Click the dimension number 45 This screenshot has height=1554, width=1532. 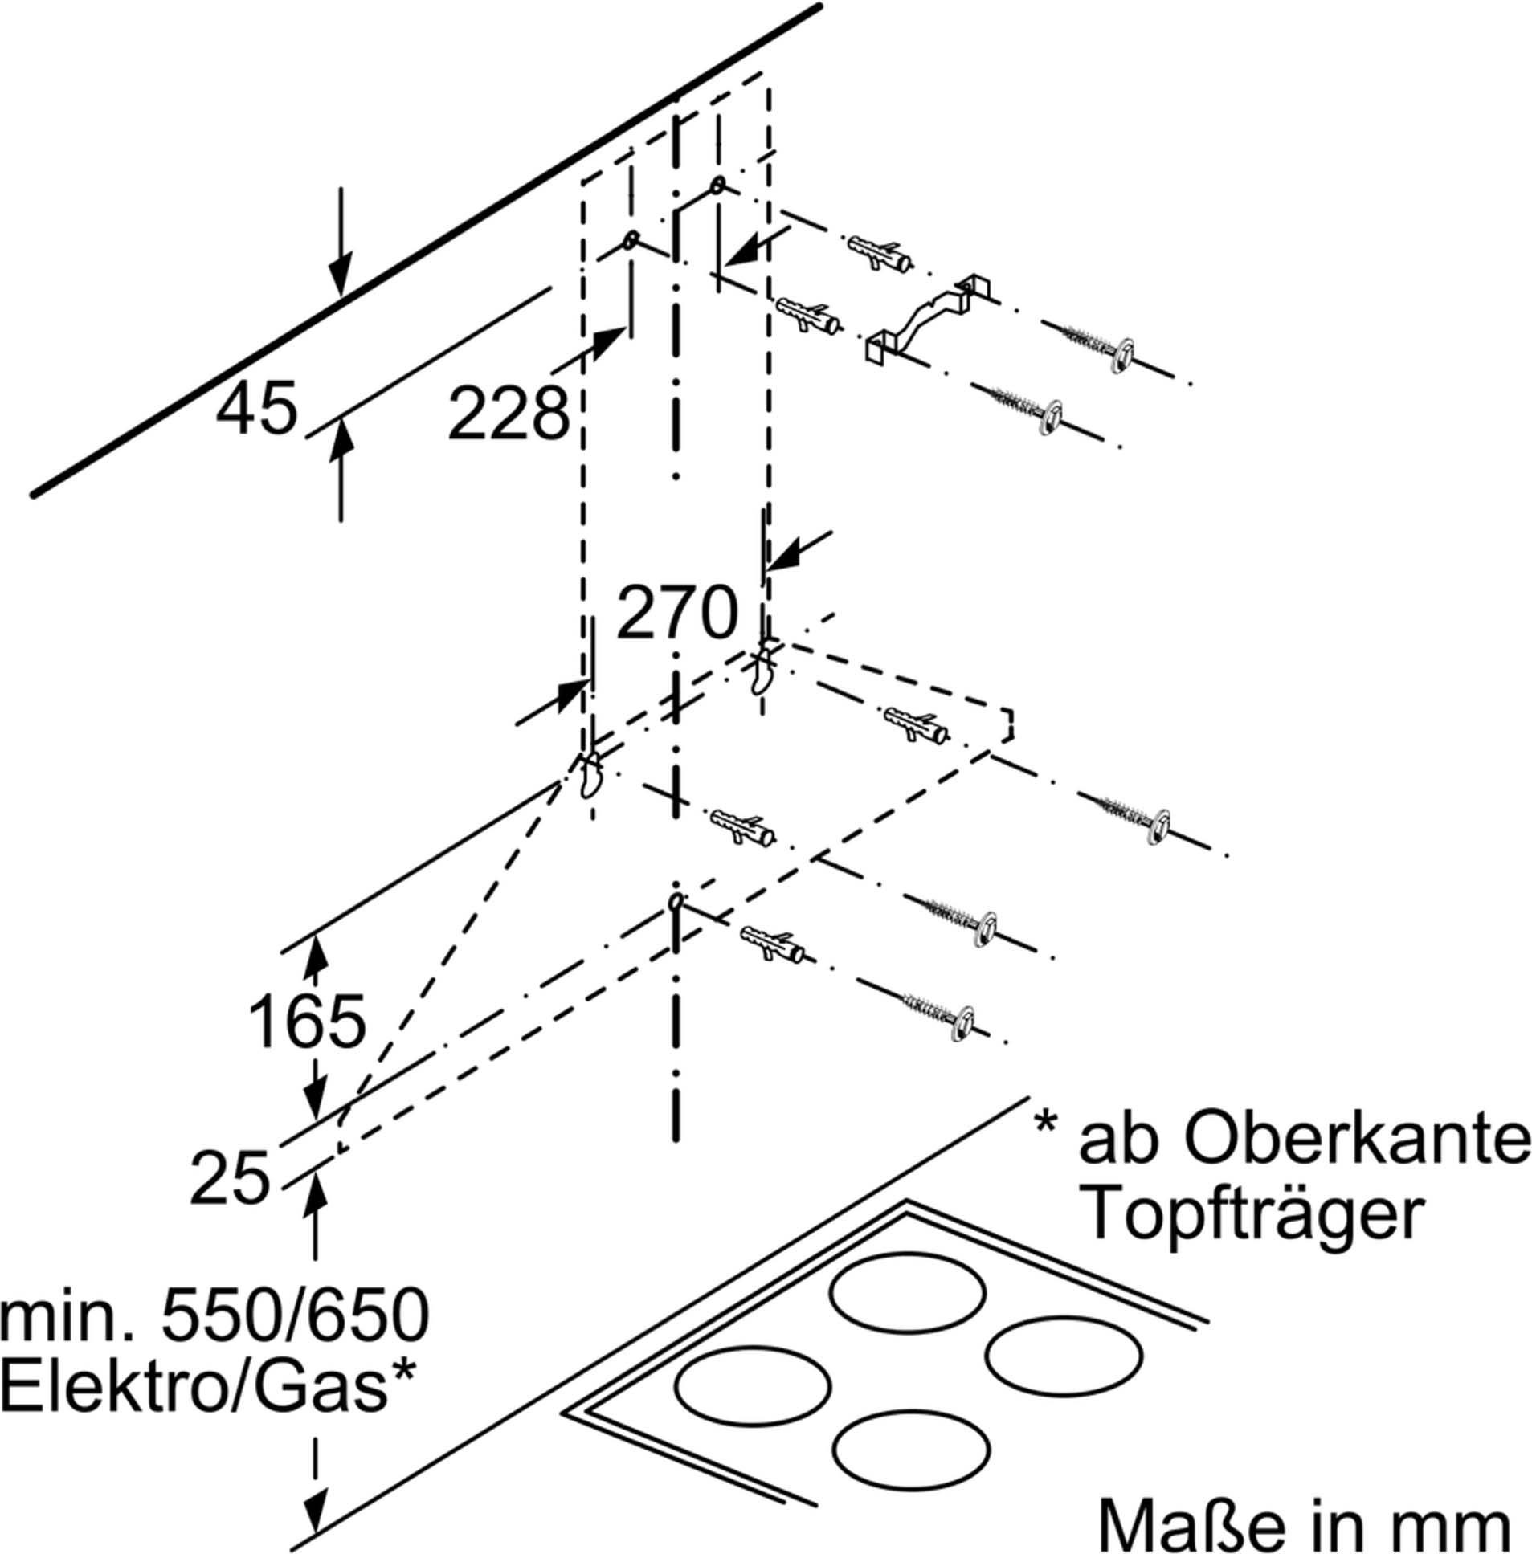[x=257, y=409]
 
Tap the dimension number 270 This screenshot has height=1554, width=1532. [x=676, y=613]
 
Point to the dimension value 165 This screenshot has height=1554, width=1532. [x=308, y=1022]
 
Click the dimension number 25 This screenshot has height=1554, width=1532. [x=229, y=1177]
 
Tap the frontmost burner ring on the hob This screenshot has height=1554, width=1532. [x=910, y=1446]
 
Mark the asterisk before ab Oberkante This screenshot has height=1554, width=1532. [x=1045, y=1123]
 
